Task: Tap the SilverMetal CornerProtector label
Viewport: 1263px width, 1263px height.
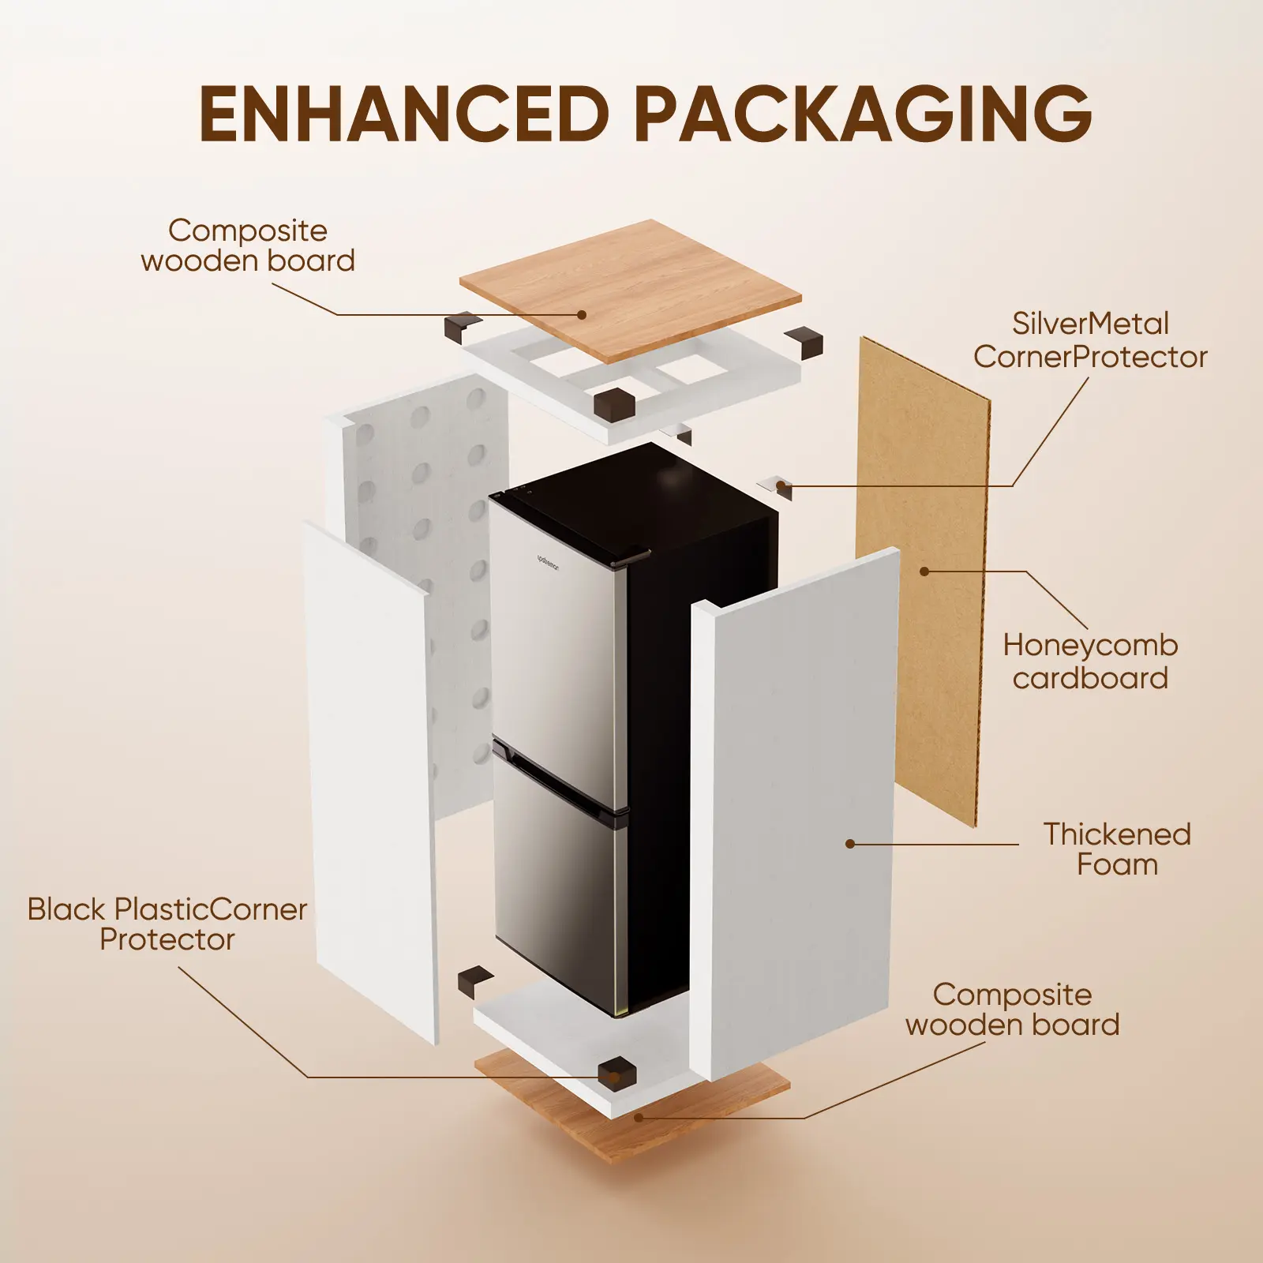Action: click(1090, 340)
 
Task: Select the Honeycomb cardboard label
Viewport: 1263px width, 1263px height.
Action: click(1090, 661)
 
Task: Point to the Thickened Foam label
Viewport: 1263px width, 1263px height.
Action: click(1116, 849)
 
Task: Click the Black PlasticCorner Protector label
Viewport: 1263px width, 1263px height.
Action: click(167, 924)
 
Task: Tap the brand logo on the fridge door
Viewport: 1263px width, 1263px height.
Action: click(547, 562)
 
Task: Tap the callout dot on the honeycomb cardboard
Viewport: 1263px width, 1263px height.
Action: click(924, 571)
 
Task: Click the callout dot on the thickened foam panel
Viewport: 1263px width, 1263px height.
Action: click(850, 844)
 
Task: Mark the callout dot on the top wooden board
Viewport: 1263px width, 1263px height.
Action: click(582, 314)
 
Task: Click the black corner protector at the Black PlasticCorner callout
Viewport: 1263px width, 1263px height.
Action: click(617, 1074)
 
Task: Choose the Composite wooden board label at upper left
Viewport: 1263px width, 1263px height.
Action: click(248, 245)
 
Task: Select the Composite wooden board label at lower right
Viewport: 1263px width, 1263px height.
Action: click(1012, 1010)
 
